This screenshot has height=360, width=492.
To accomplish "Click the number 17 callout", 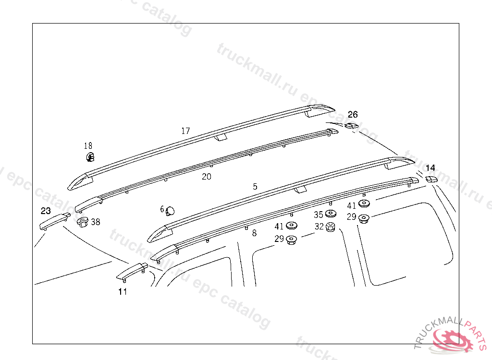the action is (x=185, y=131).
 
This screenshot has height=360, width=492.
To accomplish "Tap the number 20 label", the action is (x=206, y=177).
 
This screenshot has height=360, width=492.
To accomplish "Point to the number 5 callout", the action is (x=255, y=186).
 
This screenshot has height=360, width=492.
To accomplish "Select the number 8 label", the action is (x=254, y=233).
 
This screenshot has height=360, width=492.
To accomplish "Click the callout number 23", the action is (x=46, y=211).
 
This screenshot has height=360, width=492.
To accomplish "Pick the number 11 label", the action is (x=123, y=291).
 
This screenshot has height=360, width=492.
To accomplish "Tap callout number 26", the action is (x=353, y=115).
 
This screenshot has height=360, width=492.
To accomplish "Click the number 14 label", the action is (x=430, y=168).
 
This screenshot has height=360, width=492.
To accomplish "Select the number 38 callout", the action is (x=96, y=222).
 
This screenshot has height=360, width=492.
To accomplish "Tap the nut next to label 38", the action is (x=83, y=222).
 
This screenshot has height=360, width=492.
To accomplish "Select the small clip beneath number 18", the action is (x=90, y=157).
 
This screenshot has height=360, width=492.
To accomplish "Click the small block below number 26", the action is (x=351, y=126).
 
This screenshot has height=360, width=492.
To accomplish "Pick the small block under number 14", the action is (x=431, y=179).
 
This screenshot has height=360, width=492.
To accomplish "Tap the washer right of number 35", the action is (x=331, y=214).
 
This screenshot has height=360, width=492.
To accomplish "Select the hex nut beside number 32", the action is (x=331, y=227).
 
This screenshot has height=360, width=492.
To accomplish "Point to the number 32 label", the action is (x=319, y=227).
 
